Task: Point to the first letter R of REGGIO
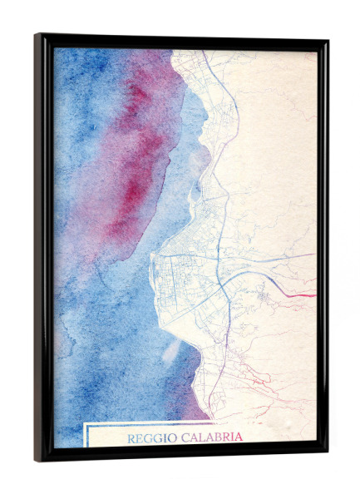[131, 437]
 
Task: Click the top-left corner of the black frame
[36, 35]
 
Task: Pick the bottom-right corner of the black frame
[328, 459]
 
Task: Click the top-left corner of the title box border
[85, 425]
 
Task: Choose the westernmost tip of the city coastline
[150, 264]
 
